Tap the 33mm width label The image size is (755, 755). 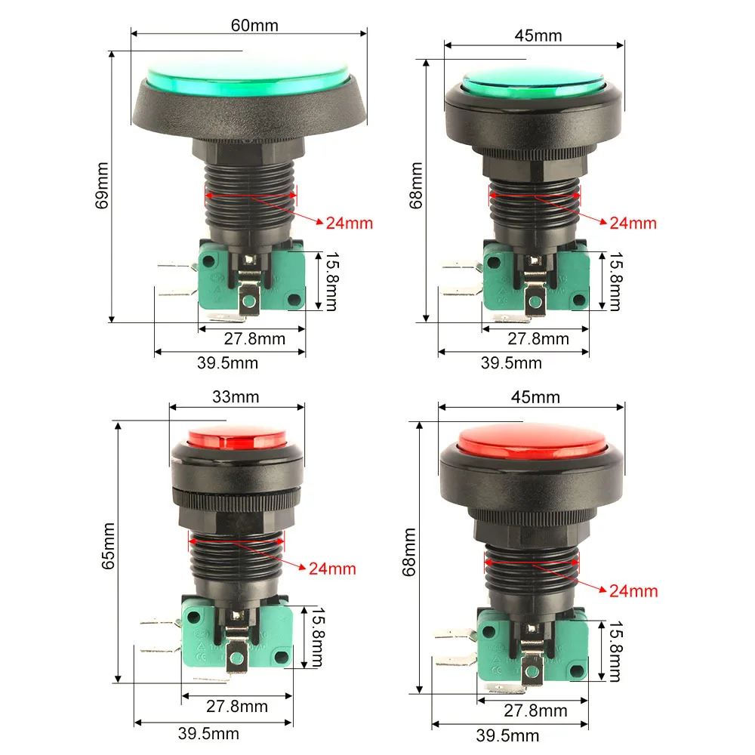[x=236, y=396]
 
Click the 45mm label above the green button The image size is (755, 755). [x=538, y=35]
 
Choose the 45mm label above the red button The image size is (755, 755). [x=535, y=397]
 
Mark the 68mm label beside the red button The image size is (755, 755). [x=410, y=551]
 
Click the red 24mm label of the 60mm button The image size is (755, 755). [x=350, y=223]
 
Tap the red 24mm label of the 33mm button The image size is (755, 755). [x=332, y=569]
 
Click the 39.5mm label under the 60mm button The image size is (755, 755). [x=227, y=363]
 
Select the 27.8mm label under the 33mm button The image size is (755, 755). [x=236, y=707]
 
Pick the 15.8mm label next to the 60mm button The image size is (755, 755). [x=331, y=282]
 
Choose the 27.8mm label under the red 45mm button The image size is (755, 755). [x=535, y=710]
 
